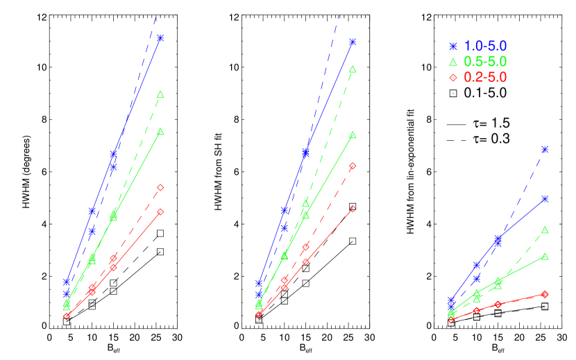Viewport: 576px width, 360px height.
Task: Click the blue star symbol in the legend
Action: click(453, 46)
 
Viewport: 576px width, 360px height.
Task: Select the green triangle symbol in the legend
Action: click(453, 62)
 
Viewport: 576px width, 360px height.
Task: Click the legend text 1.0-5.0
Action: click(485, 46)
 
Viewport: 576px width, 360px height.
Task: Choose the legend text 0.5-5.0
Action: click(485, 62)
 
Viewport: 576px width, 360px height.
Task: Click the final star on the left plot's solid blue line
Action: click(160, 38)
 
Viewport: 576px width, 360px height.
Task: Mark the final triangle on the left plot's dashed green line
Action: click(160, 94)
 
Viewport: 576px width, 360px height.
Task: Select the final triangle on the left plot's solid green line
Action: click(160, 132)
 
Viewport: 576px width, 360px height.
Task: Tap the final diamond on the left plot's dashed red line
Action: click(160, 187)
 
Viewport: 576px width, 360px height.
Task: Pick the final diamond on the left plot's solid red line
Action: click(160, 212)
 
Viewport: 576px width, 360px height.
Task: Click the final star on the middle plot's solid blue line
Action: click(353, 42)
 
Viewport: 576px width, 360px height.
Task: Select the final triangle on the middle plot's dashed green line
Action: click(353, 69)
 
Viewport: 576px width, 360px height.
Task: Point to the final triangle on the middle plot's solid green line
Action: click(353, 135)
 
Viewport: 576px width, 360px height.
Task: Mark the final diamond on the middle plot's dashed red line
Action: click(353, 166)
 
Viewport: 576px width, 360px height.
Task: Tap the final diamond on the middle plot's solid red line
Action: click(353, 209)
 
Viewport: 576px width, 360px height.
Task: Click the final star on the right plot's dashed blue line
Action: click(545, 149)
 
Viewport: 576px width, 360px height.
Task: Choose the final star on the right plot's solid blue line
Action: click(545, 199)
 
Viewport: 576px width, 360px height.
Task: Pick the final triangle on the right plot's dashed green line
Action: click(545, 230)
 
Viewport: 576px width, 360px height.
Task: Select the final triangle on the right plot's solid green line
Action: click(545, 257)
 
